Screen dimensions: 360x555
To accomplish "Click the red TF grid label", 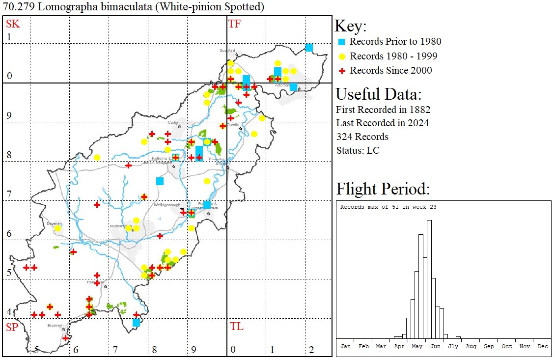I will (x=234, y=24).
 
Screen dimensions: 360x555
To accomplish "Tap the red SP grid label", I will (x=12, y=327).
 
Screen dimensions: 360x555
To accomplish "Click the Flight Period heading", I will (x=383, y=189).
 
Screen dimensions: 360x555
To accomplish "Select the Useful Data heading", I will (x=378, y=94).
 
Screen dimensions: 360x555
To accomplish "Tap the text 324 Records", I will (x=362, y=137).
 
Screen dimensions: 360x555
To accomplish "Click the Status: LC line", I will (x=358, y=150).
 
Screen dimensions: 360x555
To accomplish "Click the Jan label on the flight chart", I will (x=345, y=346).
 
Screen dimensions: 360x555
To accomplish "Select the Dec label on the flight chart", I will (x=542, y=346).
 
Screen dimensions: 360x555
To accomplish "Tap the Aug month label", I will (x=471, y=346).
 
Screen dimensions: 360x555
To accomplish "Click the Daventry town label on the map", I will (x=54, y=223).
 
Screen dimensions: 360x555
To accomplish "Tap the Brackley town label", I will (x=54, y=325).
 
